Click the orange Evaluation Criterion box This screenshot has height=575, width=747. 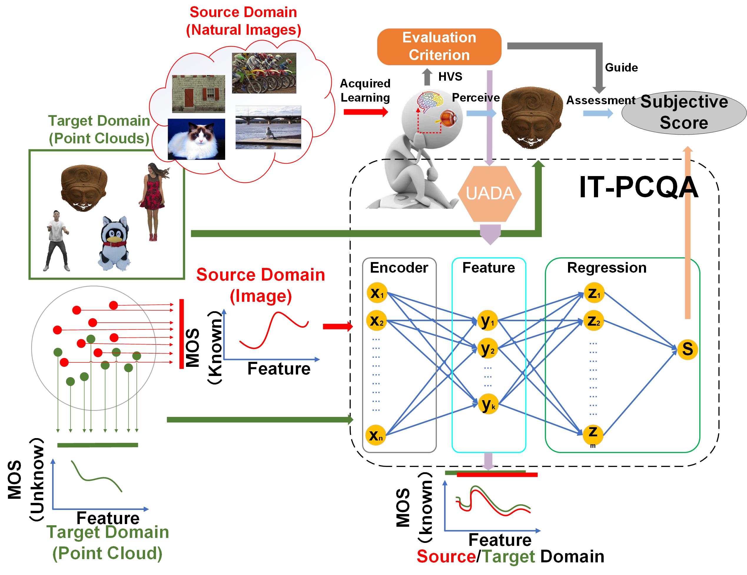tap(439, 47)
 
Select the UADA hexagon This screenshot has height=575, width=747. tap(489, 194)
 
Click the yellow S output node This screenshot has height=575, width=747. tap(687, 349)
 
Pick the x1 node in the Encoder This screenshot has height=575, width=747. tap(376, 293)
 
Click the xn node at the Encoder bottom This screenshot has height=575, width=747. tap(376, 435)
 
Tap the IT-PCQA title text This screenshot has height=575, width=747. tap(638, 188)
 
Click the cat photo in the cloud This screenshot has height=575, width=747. tap(196, 139)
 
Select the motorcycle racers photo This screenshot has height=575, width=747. tap(264, 73)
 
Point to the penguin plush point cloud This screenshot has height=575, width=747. tap(114, 243)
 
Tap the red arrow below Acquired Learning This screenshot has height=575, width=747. tap(365, 112)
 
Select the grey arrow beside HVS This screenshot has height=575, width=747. tap(427, 77)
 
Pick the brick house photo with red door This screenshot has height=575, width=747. tap(198, 94)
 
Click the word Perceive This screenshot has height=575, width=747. tap(475, 97)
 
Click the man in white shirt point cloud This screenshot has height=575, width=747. tap(57, 241)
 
